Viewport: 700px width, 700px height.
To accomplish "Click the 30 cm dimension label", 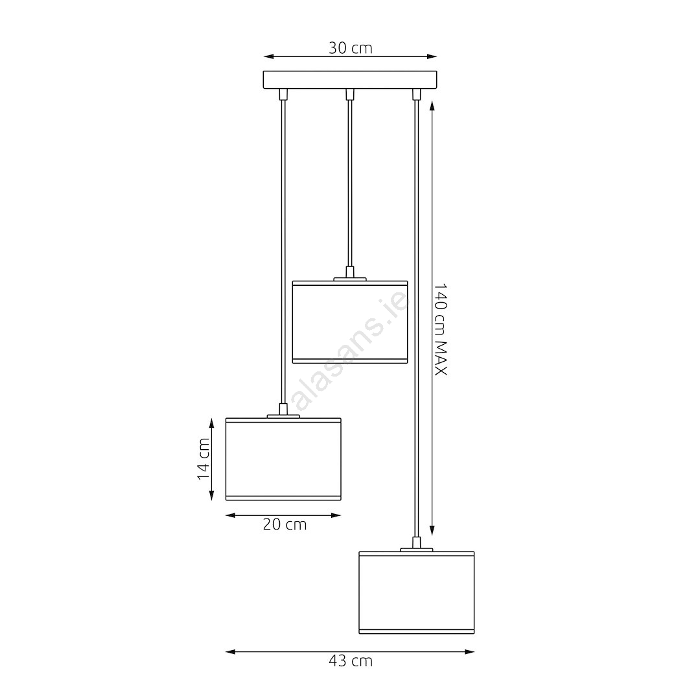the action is click(x=351, y=48).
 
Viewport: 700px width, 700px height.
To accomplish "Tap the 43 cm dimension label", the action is click(x=351, y=660).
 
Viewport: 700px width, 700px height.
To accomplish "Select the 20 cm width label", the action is click(x=285, y=524).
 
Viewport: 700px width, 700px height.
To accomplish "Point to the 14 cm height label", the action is click(x=204, y=459).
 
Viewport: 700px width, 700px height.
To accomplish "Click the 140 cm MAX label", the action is click(x=441, y=329).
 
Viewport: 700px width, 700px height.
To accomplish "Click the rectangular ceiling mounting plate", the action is click(x=350, y=80).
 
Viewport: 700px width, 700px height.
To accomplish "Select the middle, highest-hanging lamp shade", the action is click(x=350, y=322).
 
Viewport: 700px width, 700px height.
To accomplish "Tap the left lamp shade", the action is click(x=283, y=459).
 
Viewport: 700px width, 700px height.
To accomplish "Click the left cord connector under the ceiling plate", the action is click(x=283, y=94).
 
